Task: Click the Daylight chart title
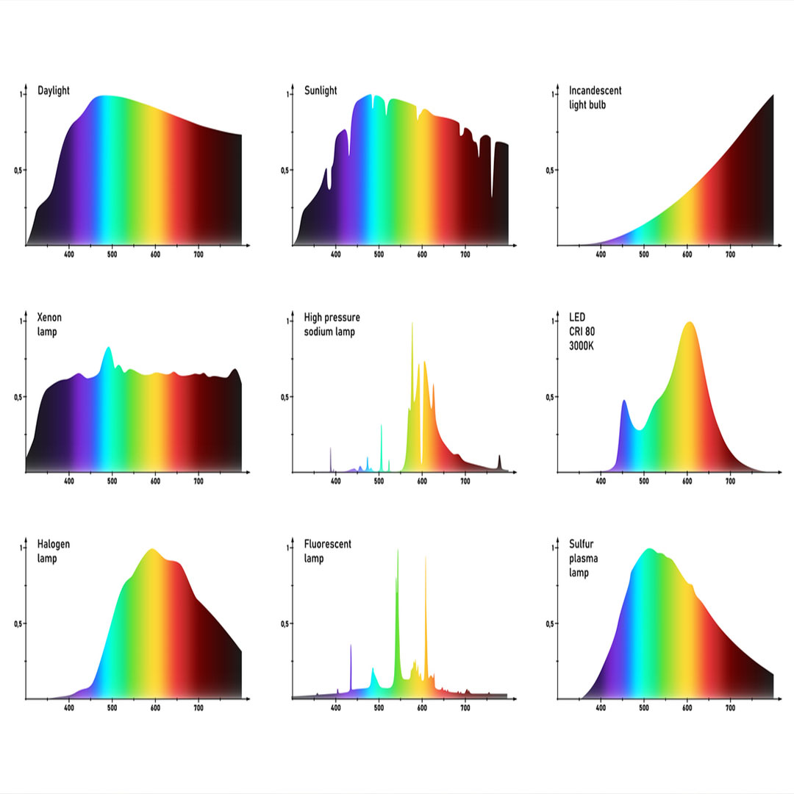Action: (54, 90)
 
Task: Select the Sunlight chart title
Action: (321, 90)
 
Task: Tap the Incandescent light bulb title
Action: (595, 97)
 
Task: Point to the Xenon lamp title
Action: (49, 324)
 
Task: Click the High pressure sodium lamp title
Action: (332, 324)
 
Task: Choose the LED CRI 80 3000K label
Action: (582, 331)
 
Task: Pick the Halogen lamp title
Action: (54, 551)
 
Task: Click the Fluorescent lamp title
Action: (327, 551)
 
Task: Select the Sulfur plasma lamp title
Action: (583, 558)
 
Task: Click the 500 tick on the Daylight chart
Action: (112, 255)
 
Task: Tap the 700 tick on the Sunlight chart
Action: (465, 255)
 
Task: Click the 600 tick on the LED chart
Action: (687, 482)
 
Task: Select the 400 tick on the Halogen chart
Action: (69, 709)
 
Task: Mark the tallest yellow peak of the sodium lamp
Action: (412, 324)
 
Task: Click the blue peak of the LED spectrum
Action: (624, 401)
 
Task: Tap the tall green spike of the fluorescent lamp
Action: (398, 551)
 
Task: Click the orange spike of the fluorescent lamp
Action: (426, 559)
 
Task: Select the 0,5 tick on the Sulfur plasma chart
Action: (549, 623)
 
